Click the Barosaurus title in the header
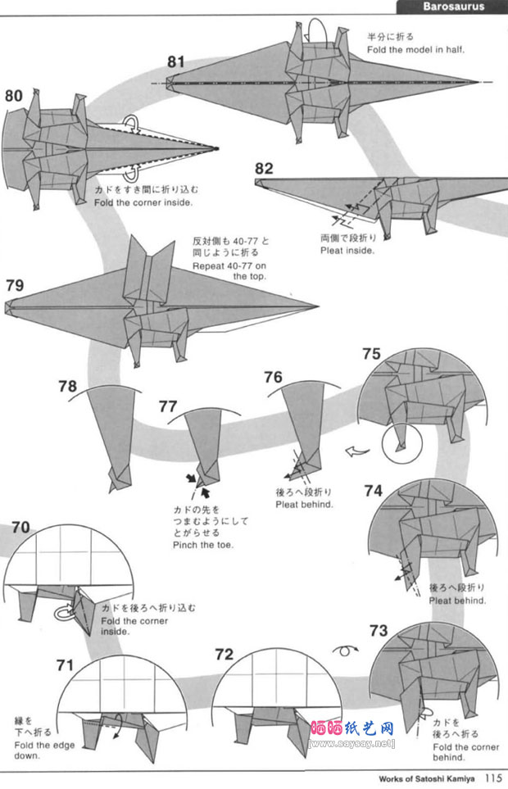pyautogui.click(x=453, y=7)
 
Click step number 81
pyautogui.click(x=178, y=61)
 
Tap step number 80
pyautogui.click(x=13, y=96)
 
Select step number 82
pyautogui.click(x=264, y=169)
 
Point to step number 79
pyautogui.click(x=15, y=286)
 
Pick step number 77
pyautogui.click(x=168, y=406)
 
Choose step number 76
pyautogui.click(x=273, y=377)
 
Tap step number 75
pyautogui.click(x=371, y=354)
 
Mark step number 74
pyautogui.click(x=373, y=491)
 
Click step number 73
pyautogui.click(x=378, y=630)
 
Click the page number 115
pyautogui.click(x=492, y=778)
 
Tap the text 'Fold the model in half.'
pyautogui.click(x=415, y=50)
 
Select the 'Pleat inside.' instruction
pyautogui.click(x=347, y=251)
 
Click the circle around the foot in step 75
pyautogui.click(x=401, y=447)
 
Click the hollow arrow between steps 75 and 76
pyautogui.click(x=355, y=450)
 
